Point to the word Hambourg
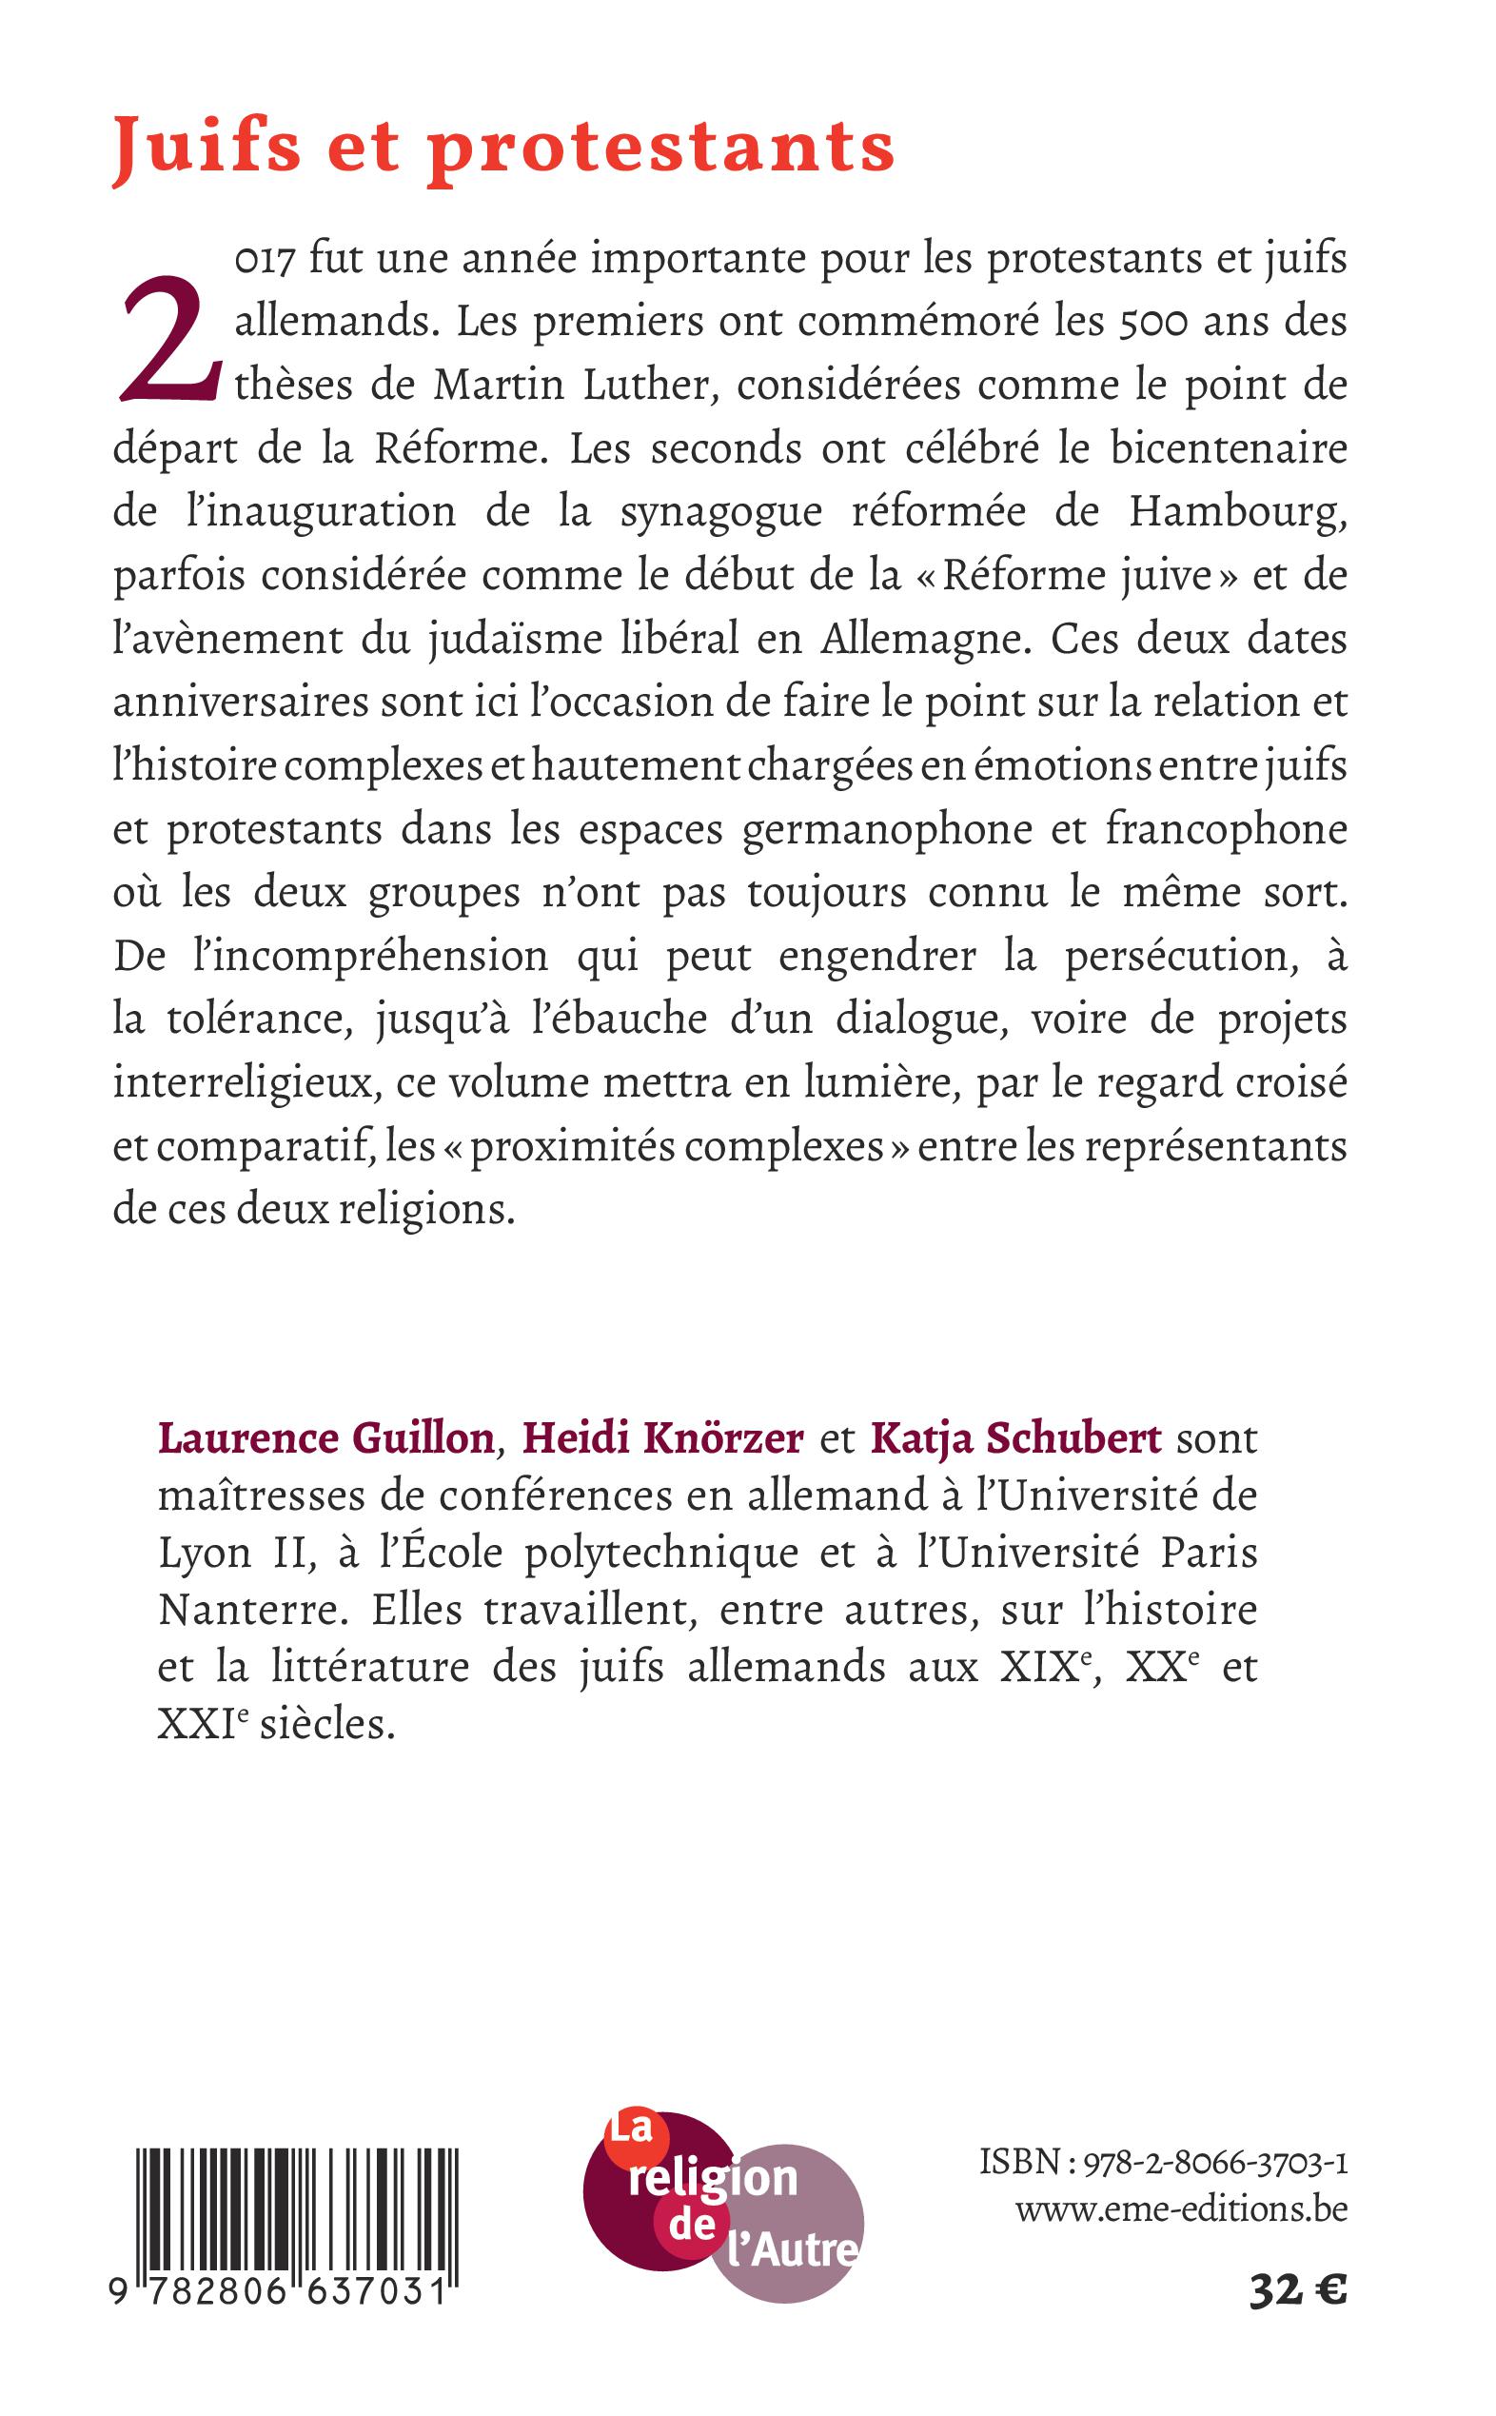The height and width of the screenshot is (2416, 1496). pyautogui.click(x=1237, y=512)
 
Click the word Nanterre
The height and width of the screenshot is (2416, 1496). pyautogui.click(x=254, y=1611)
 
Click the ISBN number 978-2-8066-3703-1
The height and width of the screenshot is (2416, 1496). pyautogui.click(x=1216, y=2164)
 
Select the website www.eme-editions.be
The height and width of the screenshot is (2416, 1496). pyautogui.click(x=1181, y=2209)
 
